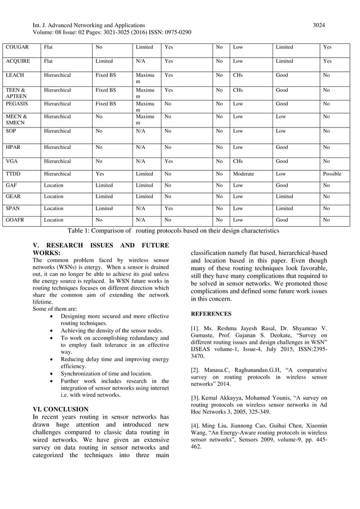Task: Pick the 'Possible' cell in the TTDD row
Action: (x=332, y=174)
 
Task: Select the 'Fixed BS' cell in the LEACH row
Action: (x=106, y=75)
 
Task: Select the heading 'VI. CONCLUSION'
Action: (x=60, y=409)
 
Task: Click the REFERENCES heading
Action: (x=210, y=313)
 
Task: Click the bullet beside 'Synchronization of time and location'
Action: (x=52, y=374)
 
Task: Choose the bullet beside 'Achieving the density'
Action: (x=52, y=331)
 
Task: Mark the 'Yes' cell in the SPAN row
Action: (x=168, y=208)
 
